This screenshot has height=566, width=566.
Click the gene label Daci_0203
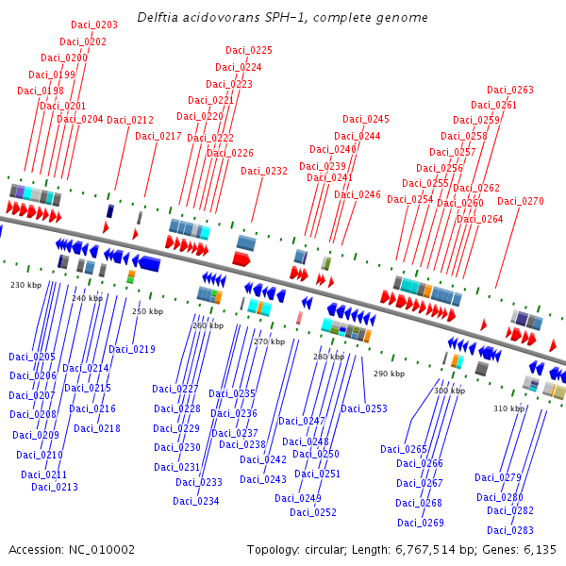pos(94,25)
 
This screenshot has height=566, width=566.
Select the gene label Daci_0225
pos(249,50)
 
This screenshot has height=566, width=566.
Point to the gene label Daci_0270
pos(521,201)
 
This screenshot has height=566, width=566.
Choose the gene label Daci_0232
pos(264,171)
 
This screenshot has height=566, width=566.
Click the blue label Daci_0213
pos(55,487)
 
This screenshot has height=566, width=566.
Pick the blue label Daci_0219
pos(132,349)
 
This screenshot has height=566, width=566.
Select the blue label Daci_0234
pos(196,501)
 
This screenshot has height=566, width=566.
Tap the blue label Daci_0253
pos(364,408)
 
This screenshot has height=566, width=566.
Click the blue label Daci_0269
pos(421,523)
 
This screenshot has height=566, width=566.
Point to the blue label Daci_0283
pos(510,530)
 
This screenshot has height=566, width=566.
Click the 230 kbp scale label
pos(26,284)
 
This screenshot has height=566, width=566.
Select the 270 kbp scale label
pos(269,341)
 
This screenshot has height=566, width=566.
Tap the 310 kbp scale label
pos(508,408)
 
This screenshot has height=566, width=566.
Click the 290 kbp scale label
pos(388,374)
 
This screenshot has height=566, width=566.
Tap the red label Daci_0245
pos(366,119)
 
